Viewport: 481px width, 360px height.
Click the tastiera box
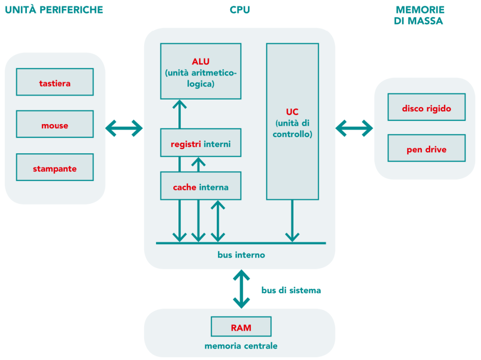pyautogui.click(x=55, y=83)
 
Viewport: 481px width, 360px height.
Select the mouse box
pyautogui.click(x=55, y=125)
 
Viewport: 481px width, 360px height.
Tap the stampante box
pyautogui.click(x=55, y=168)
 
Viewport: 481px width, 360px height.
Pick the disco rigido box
pyautogui.click(x=427, y=108)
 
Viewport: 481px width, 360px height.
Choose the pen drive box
pyautogui.click(x=427, y=149)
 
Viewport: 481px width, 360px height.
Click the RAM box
pyautogui.click(x=241, y=328)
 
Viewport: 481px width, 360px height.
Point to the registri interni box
pyautogui.click(x=201, y=143)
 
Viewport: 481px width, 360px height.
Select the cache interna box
pyautogui.click(x=201, y=187)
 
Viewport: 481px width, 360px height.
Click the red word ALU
pyautogui.click(x=201, y=62)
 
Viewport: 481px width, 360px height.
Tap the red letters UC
pyautogui.click(x=292, y=112)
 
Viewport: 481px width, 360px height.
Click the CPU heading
pyautogui.click(x=240, y=10)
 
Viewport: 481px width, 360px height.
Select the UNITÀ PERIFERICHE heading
pyautogui.click(x=54, y=10)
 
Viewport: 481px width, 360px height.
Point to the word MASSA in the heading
pyautogui.click(x=426, y=21)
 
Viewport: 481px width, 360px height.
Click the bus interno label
pyautogui.click(x=241, y=255)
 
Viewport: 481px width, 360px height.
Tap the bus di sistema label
pyautogui.click(x=291, y=290)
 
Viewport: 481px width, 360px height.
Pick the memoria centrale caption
pyautogui.click(x=241, y=346)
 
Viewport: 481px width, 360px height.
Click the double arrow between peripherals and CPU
pyautogui.click(x=124, y=127)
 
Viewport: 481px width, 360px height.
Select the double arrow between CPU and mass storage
pyautogui.click(x=354, y=127)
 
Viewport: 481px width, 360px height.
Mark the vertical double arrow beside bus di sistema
pyautogui.click(x=241, y=289)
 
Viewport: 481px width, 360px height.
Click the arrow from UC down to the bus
pyautogui.click(x=292, y=221)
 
